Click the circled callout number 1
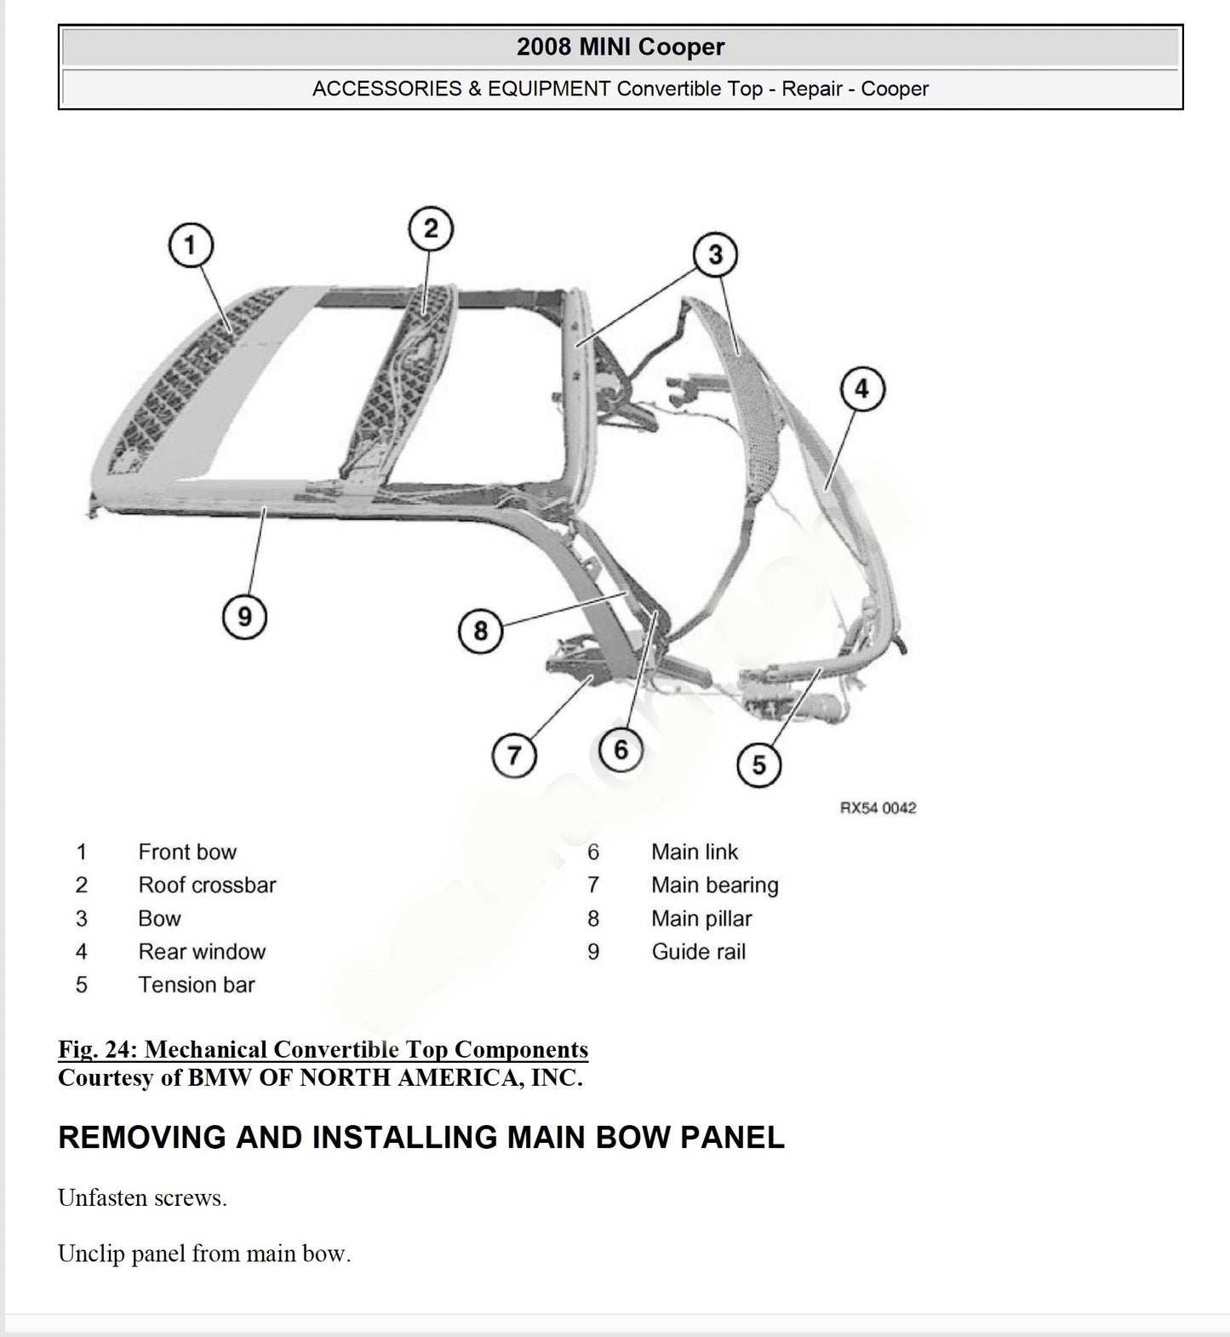(x=190, y=246)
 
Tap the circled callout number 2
(x=431, y=229)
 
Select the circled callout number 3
(x=715, y=255)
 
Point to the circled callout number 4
(x=862, y=389)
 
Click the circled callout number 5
(x=758, y=765)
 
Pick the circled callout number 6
(x=621, y=749)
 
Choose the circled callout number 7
(x=514, y=755)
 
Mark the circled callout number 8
(x=480, y=631)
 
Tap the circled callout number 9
(x=244, y=616)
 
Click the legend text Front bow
(x=187, y=852)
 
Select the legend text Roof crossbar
(x=207, y=885)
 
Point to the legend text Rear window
(x=202, y=951)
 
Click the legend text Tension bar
(x=197, y=984)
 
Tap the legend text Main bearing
(x=715, y=886)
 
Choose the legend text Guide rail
(x=699, y=951)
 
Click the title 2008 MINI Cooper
(x=621, y=47)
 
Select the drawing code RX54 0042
(x=878, y=807)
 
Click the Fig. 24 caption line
(x=323, y=1049)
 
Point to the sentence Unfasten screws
(x=142, y=1198)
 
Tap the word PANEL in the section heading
(x=732, y=1138)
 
